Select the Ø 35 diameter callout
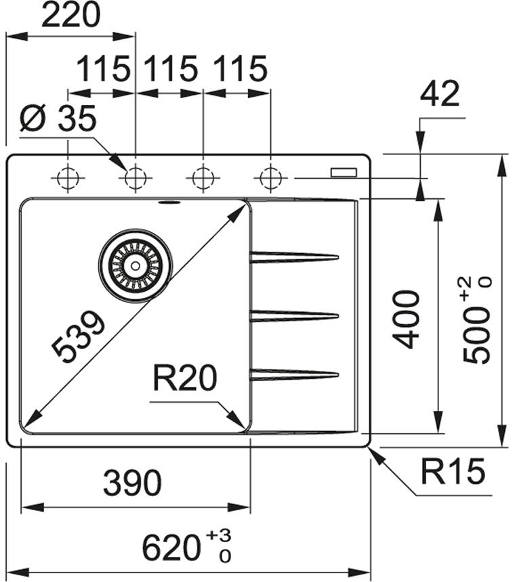pos(58,120)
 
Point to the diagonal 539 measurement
pos(80,336)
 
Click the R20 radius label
pos(184,378)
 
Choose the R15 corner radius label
pos(453,472)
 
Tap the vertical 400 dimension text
pos(407,319)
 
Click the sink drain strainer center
pos(136,265)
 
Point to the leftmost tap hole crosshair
pos(68,179)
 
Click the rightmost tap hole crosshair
pos(270,179)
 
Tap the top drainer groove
pos(294,257)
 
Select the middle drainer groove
pos(294,315)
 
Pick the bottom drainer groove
pos(294,374)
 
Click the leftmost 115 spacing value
pos(102,70)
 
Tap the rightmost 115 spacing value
pos(239,70)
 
